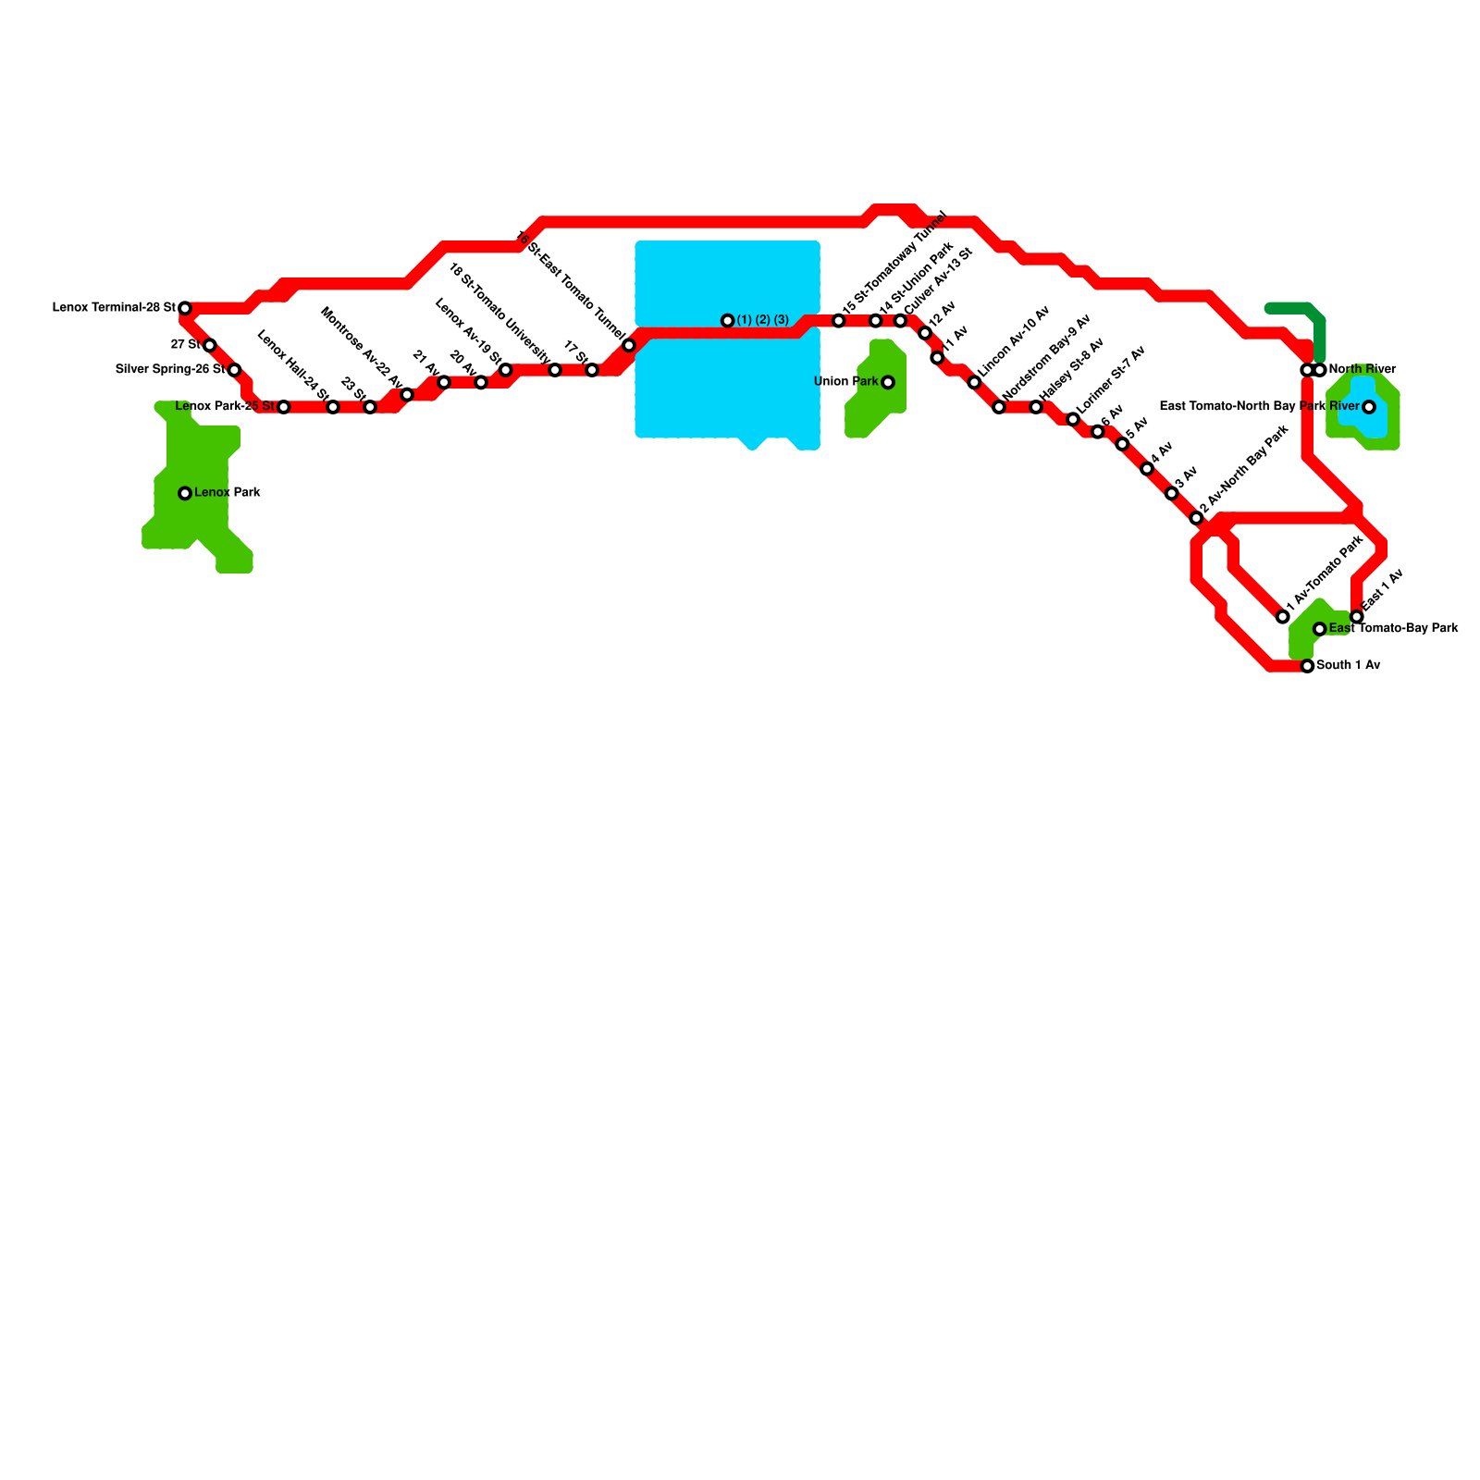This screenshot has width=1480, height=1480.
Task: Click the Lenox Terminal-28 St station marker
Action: click(185, 308)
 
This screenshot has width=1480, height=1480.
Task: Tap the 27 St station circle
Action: click(210, 345)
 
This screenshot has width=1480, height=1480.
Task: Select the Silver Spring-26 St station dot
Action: click(235, 370)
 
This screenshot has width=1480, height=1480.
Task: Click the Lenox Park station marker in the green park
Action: click(185, 493)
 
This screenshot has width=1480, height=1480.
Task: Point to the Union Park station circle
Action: click(888, 382)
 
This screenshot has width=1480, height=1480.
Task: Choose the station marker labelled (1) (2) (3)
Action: click(728, 321)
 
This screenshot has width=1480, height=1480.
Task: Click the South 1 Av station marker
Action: click(1307, 666)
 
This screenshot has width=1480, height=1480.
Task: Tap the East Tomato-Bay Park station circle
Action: click(1320, 629)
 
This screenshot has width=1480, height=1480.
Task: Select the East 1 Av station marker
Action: click(1357, 617)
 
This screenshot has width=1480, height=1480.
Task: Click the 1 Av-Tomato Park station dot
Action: click(1283, 617)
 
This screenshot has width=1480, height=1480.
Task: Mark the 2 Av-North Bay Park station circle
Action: click(1196, 518)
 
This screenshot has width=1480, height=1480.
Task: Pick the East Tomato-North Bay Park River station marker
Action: click(1369, 407)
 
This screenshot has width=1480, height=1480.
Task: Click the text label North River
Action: click(1362, 369)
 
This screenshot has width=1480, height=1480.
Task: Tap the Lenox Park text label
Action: click(228, 493)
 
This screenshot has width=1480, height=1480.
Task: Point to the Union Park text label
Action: click(845, 382)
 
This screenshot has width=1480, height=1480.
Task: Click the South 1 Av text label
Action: click(1348, 665)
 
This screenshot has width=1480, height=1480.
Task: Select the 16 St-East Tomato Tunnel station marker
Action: click(629, 346)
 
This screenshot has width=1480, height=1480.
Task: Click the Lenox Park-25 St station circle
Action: click(284, 407)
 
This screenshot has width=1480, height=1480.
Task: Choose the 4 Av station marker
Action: click(1147, 469)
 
